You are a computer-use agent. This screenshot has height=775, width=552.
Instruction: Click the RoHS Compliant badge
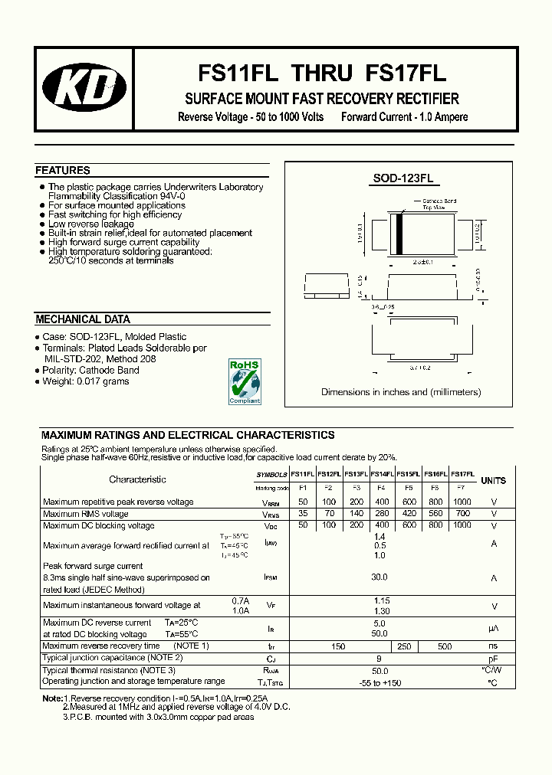[245, 381]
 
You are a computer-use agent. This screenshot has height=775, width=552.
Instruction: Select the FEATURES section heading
[63, 171]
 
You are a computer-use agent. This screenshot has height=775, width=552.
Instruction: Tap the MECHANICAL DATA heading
[83, 319]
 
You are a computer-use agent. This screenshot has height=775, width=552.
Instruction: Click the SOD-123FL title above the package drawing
[403, 178]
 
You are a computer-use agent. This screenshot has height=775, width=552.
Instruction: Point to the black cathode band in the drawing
[399, 232]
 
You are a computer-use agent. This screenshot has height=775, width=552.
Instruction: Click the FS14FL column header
[382, 475]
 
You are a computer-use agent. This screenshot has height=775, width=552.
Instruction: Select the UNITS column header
[493, 481]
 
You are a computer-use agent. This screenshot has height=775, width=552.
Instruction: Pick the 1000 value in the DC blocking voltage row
[462, 526]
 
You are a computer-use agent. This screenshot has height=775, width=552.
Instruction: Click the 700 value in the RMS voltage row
[462, 514]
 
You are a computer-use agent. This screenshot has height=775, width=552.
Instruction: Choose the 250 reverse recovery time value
[404, 647]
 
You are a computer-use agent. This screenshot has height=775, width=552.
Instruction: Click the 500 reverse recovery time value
[445, 647]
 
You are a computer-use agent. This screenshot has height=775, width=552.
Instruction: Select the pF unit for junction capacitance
[494, 659]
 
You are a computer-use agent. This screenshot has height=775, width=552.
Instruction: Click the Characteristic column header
[137, 479]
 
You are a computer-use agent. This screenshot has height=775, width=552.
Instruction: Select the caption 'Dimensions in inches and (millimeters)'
[401, 392]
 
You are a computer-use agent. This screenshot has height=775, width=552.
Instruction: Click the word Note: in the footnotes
[51, 699]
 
